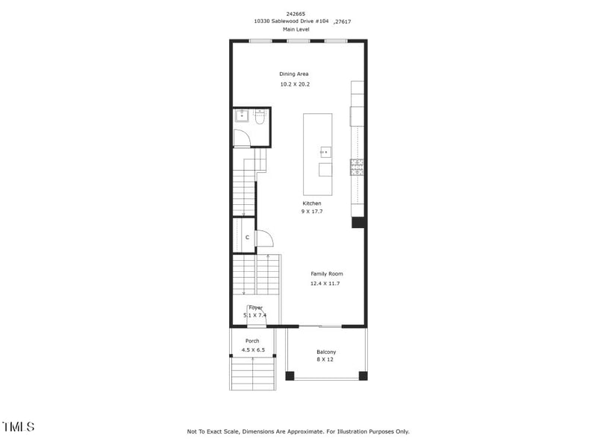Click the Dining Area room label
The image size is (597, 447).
(294, 74)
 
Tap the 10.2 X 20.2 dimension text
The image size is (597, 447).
(295, 84)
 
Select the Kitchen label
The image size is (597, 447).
(312, 203)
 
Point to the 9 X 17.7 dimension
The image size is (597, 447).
(312, 212)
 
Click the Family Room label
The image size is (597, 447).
(327, 274)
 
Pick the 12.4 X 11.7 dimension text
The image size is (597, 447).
(325, 283)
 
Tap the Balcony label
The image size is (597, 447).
(326, 352)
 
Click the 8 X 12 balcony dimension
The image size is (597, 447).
(326, 360)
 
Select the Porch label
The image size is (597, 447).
(253, 341)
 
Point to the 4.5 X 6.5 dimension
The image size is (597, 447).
(253, 349)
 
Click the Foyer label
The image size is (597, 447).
(255, 307)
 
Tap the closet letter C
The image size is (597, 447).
(247, 237)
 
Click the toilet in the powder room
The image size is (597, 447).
(260, 117)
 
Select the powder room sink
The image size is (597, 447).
(242, 115)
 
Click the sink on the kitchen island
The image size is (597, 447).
(325, 151)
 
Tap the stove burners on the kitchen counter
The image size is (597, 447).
(357, 168)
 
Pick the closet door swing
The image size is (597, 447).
(264, 238)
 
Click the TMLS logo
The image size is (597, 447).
(19, 427)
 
